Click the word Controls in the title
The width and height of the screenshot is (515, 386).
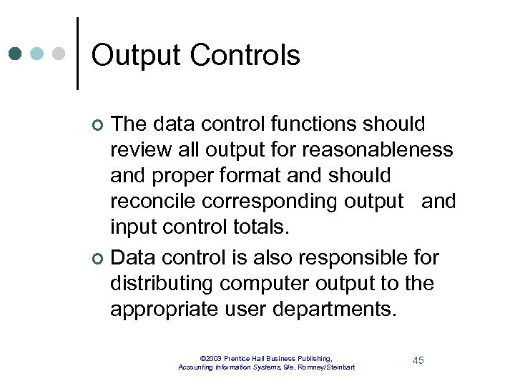[x=247, y=56]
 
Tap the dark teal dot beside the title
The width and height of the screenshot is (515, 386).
[x=15, y=54]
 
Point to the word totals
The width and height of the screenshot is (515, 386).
[x=257, y=228]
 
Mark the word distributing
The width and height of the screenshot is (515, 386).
[x=162, y=283]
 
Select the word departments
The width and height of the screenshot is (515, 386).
[x=335, y=310]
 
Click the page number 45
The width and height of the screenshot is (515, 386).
[x=418, y=360]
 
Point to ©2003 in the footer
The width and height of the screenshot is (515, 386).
[x=211, y=358]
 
